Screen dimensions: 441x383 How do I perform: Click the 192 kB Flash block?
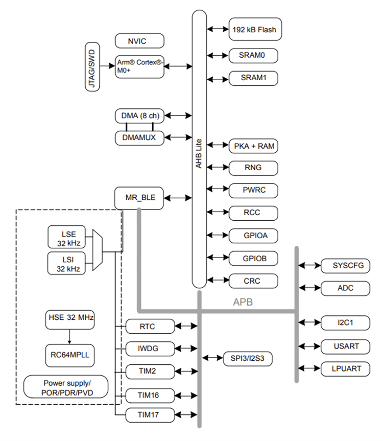[x=254, y=30]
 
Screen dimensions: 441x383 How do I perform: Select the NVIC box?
[x=139, y=41]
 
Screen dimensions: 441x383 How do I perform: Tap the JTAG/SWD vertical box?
[x=92, y=67]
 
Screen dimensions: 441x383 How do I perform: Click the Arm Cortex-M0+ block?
[x=139, y=66]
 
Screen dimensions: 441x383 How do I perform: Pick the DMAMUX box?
[x=139, y=137]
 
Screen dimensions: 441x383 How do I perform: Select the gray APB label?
[x=243, y=302]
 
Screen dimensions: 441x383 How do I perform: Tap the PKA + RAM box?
[x=254, y=146]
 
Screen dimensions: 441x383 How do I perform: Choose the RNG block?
[x=254, y=168]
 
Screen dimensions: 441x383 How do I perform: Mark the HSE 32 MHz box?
[x=69, y=318]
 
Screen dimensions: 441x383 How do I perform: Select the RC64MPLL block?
[x=69, y=353]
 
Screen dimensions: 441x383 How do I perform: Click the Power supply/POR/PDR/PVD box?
[x=66, y=386]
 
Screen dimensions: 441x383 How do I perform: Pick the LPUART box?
[x=345, y=368]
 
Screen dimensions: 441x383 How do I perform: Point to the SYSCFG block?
[x=345, y=266]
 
